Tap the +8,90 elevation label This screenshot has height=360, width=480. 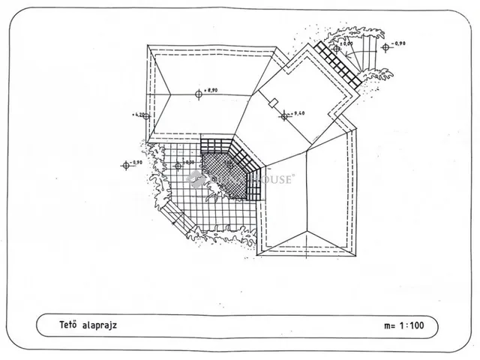point(211,91)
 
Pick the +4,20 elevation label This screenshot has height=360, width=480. point(138,115)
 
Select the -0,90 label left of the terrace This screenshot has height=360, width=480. point(136,162)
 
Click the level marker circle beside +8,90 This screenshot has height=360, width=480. point(199,94)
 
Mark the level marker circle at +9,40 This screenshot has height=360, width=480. point(284,115)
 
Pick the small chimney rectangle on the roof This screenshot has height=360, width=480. point(275,101)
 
